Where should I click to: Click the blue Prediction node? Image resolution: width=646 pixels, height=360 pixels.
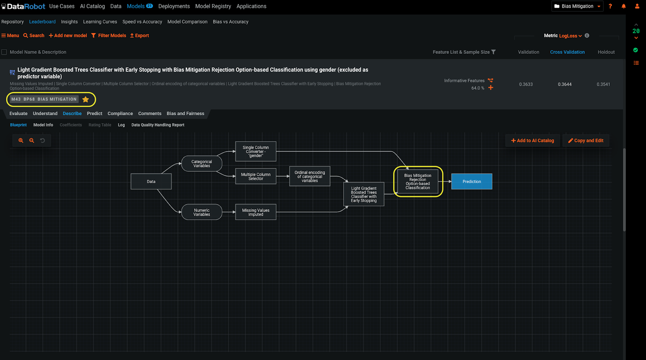[472, 181]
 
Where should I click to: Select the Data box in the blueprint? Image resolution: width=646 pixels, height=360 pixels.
[151, 181]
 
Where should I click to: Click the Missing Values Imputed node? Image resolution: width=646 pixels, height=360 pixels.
[256, 212]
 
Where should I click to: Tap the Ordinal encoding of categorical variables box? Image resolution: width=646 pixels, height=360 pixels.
[310, 176]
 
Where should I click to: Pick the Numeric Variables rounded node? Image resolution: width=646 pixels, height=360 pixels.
[201, 212]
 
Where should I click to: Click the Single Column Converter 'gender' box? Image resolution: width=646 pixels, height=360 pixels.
[256, 152]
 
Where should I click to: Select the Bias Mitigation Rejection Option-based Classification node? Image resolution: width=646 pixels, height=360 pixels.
[417, 181]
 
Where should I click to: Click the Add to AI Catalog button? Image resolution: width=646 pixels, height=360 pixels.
[533, 141]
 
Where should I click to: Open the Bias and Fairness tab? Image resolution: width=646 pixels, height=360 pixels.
[185, 114]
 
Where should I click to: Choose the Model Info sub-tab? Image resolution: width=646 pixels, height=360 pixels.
[43, 125]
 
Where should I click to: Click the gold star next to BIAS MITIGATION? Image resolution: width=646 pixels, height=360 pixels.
[86, 99]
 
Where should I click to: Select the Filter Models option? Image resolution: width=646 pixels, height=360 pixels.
[109, 36]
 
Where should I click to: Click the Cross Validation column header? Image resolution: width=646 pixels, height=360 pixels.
[567, 52]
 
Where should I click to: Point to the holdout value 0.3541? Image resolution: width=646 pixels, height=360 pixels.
[603, 84]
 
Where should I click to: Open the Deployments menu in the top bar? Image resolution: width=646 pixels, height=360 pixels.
[174, 6]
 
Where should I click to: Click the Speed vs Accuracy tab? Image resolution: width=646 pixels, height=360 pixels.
[142, 22]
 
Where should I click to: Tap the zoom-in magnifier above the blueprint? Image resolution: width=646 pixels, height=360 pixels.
[21, 141]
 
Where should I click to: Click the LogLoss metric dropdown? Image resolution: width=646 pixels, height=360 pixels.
[570, 36]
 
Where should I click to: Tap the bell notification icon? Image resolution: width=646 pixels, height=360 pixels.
[623, 6]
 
